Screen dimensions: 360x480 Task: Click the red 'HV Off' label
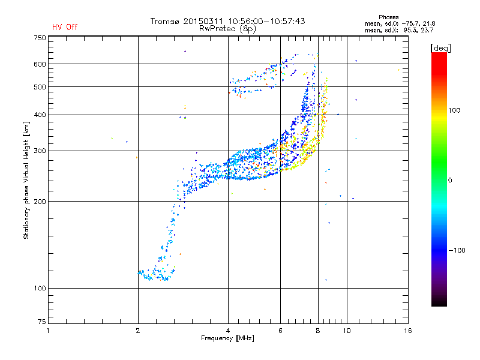pyautogui.click(x=64, y=27)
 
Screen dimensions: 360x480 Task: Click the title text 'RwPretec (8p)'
pyautogui.click(x=227, y=28)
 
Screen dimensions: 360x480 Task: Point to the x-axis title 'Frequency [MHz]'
pyautogui.click(x=227, y=338)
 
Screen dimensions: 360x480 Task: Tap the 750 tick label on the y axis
pyautogui.click(x=39, y=37)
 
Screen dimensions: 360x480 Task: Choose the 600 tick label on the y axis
pyautogui.click(x=39, y=64)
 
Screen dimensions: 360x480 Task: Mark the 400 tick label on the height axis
pyautogui.click(x=39, y=115)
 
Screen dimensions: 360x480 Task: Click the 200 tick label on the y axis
pyautogui.click(x=39, y=202)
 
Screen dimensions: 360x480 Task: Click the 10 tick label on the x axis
pyautogui.click(x=346, y=331)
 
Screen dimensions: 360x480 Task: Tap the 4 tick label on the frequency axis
pyautogui.click(x=228, y=331)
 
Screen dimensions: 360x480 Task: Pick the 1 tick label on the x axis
pyautogui.click(x=48, y=331)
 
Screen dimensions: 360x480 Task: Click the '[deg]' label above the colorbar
pyautogui.click(x=440, y=47)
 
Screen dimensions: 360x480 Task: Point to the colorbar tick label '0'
pyautogui.click(x=452, y=180)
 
